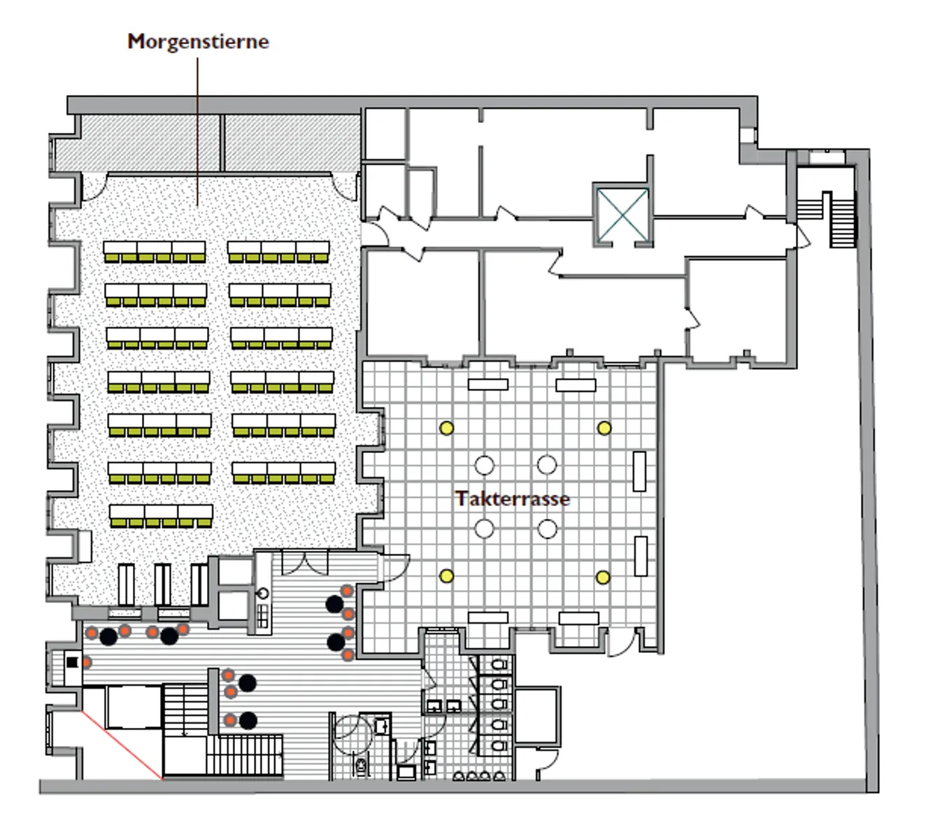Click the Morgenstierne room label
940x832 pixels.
[x=198, y=42]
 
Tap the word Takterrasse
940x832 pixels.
[x=513, y=499]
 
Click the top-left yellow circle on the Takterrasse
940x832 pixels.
[x=446, y=428]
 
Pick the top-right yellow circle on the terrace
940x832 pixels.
[x=604, y=428]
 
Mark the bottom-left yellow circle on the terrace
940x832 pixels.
[x=446, y=576]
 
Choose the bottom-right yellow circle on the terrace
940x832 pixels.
[x=603, y=578]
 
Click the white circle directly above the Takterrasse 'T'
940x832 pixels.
[x=484, y=465]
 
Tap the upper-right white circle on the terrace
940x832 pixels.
[x=547, y=465]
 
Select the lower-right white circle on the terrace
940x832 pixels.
[x=547, y=529]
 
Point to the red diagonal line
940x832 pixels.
[x=122, y=745]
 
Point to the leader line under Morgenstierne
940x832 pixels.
[x=197, y=133]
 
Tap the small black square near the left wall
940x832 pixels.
[x=72, y=662]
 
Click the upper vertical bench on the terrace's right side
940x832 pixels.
[x=639, y=471]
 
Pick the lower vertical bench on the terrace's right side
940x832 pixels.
[x=640, y=556]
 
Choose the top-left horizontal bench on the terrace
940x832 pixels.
[x=488, y=384]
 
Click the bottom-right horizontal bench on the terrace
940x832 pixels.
[x=579, y=618]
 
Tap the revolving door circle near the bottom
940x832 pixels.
[x=355, y=736]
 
